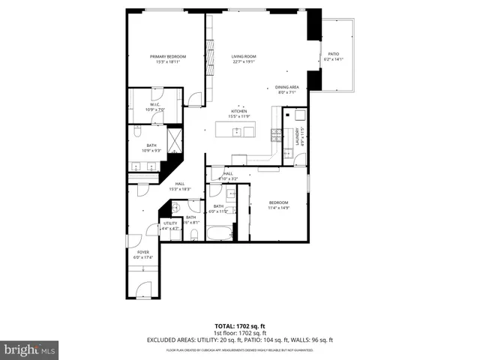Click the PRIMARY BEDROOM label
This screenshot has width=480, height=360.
[168, 57]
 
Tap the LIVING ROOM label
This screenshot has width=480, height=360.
[244, 57]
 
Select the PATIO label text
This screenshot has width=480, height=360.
[334, 54]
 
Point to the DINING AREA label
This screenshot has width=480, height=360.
[286, 87]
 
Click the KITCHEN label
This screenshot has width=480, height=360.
[239, 111]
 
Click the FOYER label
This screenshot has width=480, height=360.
[142, 253]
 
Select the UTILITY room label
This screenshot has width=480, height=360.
[170, 223]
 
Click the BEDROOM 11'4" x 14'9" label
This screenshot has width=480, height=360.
[278, 203]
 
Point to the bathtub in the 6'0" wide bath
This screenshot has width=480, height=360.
[220, 235]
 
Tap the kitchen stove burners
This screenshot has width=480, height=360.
[275, 135]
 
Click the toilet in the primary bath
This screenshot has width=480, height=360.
[137, 133]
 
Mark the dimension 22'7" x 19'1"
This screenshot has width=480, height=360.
[244, 62]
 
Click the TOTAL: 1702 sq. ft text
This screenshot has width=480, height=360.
[240, 325]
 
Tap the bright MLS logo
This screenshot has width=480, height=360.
[29, 349]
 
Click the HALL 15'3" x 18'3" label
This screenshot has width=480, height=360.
[180, 184]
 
